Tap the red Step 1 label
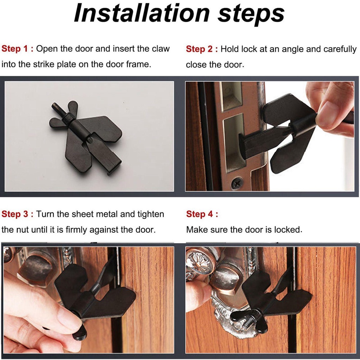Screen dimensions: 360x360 18,49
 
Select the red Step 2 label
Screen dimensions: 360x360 202,49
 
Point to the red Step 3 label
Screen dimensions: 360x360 18,214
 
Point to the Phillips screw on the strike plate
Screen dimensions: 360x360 237,182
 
